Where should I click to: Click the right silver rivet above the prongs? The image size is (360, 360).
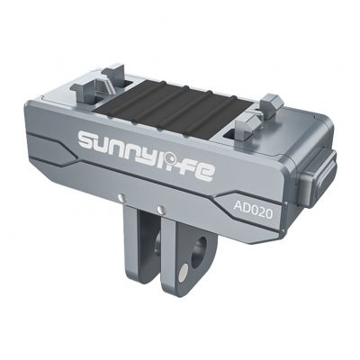tap(161, 210)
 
